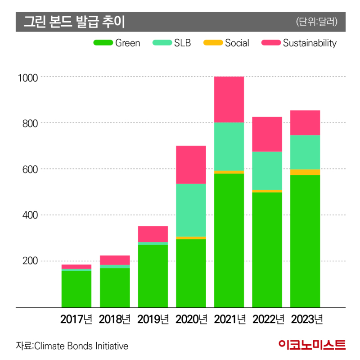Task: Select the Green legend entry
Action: click(x=117, y=43)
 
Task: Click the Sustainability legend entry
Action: click(x=299, y=43)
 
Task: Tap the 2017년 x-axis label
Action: click(x=76, y=319)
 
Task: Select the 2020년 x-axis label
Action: click(x=191, y=319)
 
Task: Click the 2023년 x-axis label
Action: click(x=306, y=319)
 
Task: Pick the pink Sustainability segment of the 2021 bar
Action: click(x=229, y=99)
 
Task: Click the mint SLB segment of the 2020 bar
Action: click(x=191, y=210)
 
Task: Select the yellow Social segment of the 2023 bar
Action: click(x=305, y=172)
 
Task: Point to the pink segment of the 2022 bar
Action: click(x=267, y=134)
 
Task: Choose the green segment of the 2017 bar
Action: click(x=76, y=288)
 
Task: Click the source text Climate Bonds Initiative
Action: click(x=72, y=346)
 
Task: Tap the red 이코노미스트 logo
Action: click(x=312, y=345)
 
